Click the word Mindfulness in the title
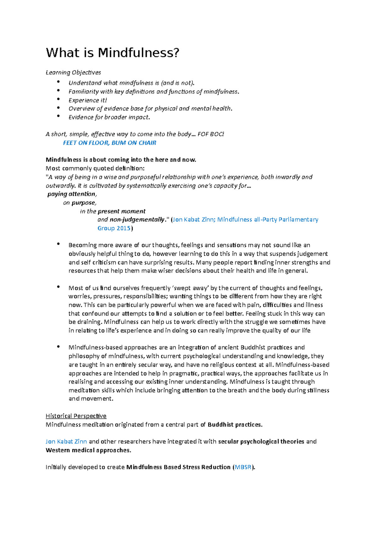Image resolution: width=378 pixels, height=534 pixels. pos(138,53)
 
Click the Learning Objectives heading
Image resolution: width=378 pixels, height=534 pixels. pos(73,73)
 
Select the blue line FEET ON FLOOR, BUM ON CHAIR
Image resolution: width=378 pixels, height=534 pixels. pos(109,143)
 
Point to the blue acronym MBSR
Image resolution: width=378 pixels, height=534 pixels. pos(243,467)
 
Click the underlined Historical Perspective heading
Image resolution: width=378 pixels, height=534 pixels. pos(76,416)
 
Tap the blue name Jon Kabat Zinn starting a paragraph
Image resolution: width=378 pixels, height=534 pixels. pos(66,442)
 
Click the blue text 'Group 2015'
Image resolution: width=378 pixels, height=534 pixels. pos(114,228)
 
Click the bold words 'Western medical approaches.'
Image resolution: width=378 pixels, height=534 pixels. pos(88,450)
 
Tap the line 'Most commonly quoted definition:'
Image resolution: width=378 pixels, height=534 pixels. pos(95,168)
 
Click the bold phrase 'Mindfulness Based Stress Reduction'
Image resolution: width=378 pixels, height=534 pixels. pos(178,467)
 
